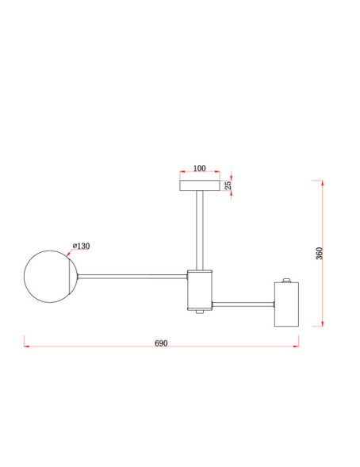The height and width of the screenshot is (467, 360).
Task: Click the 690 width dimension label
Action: pyautogui.click(x=161, y=343)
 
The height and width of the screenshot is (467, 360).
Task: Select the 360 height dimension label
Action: pyautogui.click(x=319, y=253)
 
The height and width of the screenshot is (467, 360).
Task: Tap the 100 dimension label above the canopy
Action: pyautogui.click(x=200, y=168)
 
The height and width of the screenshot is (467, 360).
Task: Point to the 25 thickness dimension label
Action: pyautogui.click(x=228, y=186)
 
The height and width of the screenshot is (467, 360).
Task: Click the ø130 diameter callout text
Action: pyautogui.click(x=82, y=246)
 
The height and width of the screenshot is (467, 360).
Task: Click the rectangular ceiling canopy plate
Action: pyautogui.click(x=200, y=186)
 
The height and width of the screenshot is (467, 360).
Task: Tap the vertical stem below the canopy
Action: pyautogui.click(x=200, y=231)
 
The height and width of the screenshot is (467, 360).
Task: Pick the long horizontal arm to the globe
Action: pyautogui.click(x=132, y=277)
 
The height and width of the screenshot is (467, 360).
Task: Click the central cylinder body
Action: pyautogui.click(x=200, y=289)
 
